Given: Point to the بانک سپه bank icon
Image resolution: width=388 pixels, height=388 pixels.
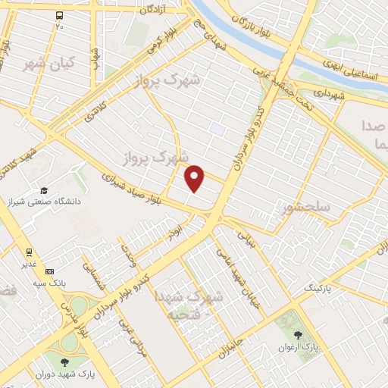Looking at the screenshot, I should point(50,271).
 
